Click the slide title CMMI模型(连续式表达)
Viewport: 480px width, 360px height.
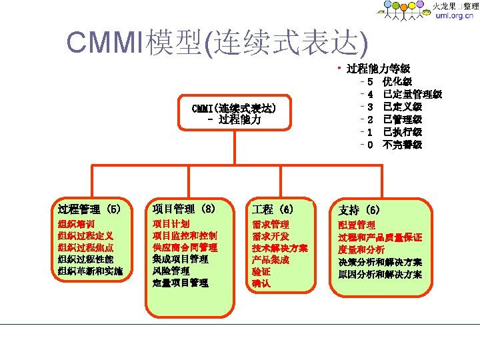(x=217, y=43)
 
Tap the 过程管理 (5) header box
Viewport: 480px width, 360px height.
(x=89, y=209)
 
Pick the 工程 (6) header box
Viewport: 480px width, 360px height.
(x=273, y=209)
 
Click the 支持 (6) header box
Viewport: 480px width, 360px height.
(x=359, y=210)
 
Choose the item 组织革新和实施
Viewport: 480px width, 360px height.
(x=90, y=271)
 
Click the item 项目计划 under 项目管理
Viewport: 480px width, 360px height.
(x=171, y=224)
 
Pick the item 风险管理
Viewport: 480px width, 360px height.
(x=171, y=271)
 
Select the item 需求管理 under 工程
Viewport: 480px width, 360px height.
(x=270, y=224)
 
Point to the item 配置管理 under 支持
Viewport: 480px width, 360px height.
(x=357, y=225)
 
